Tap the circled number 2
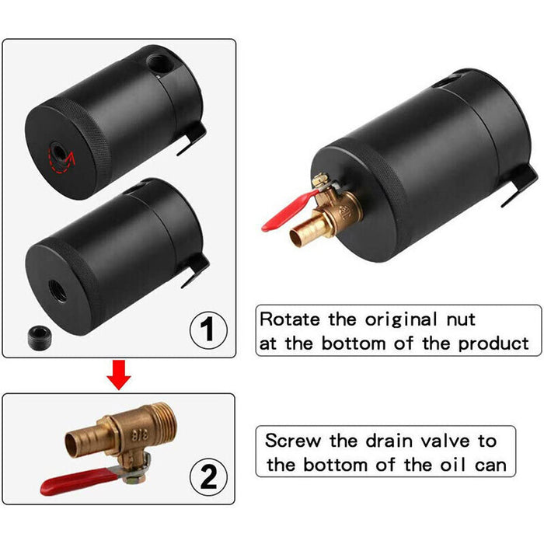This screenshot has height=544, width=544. [x=207, y=474]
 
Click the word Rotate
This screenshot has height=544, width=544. [x=289, y=319]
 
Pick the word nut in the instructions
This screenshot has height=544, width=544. [x=456, y=319]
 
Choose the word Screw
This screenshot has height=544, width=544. [x=292, y=441]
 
